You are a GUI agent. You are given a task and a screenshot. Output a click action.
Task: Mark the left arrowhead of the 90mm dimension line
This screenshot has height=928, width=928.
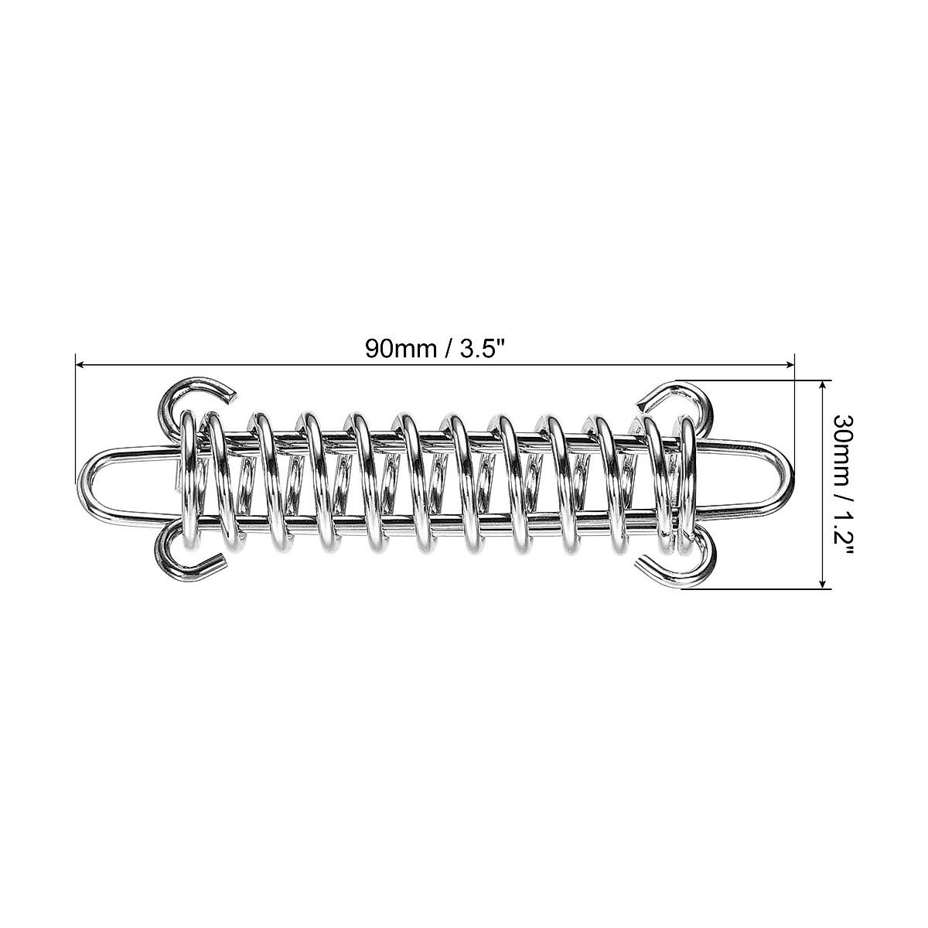click(x=79, y=363)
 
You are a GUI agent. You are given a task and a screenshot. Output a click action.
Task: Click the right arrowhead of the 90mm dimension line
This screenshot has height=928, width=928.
click(x=790, y=363)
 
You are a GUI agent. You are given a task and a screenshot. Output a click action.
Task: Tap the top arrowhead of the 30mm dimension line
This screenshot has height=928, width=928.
click(x=824, y=384)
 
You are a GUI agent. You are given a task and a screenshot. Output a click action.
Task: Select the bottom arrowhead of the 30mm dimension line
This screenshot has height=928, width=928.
click(x=824, y=585)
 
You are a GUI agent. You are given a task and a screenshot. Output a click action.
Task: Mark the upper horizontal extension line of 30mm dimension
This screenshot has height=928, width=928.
click(x=758, y=380)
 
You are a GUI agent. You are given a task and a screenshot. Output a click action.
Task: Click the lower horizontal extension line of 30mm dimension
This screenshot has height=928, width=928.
click(x=758, y=590)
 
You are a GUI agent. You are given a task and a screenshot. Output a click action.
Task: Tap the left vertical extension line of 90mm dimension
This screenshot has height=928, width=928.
click(x=74, y=418)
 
